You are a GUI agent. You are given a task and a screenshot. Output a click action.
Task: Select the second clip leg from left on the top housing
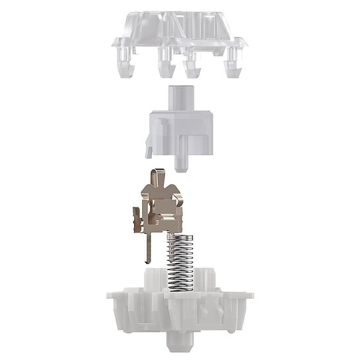pos(162,64)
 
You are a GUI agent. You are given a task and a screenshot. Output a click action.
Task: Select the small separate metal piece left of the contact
pos(135,220)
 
